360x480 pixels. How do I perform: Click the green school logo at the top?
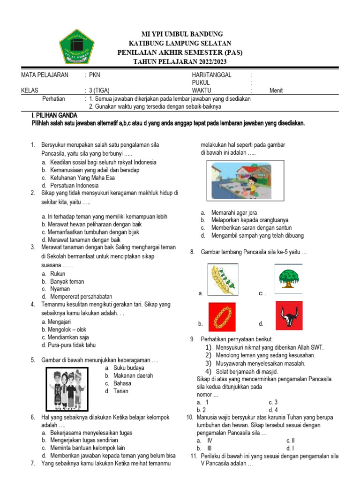(x=77, y=46)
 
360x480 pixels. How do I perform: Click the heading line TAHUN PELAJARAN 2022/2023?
(x=180, y=61)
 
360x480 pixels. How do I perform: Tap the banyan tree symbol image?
(x=288, y=278)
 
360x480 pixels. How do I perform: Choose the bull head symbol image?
(x=288, y=316)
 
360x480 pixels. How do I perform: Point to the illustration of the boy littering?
(x=240, y=180)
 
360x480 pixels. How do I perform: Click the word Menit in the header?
(x=276, y=91)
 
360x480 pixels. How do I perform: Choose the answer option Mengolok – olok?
(x=64, y=330)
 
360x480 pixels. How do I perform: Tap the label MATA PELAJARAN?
(x=45, y=75)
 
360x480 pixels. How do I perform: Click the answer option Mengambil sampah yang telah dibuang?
(x=257, y=235)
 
